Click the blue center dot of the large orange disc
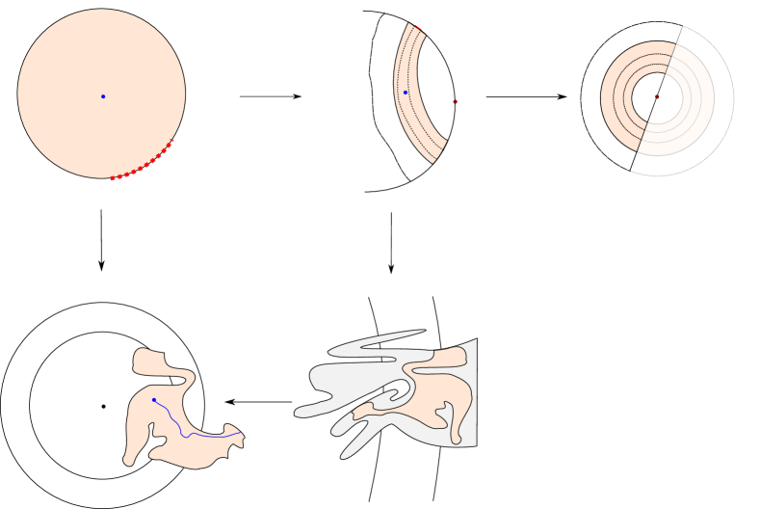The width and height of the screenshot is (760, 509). pos(102,96)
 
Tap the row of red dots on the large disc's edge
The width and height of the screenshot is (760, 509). pos(143,167)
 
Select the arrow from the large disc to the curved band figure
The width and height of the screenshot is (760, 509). pos(270,96)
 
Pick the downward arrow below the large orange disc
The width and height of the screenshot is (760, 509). pos(101,241)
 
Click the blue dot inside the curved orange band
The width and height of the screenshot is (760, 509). pos(406,93)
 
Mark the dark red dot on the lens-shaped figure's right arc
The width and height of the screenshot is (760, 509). pos(455,101)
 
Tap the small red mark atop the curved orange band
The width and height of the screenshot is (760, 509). pos(419,29)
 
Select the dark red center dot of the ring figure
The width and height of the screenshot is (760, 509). pos(656,96)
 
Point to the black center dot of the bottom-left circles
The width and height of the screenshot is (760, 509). pos(103,406)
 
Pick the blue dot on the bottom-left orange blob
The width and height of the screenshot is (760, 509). pos(154,400)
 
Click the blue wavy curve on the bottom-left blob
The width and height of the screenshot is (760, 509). pos(193,434)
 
